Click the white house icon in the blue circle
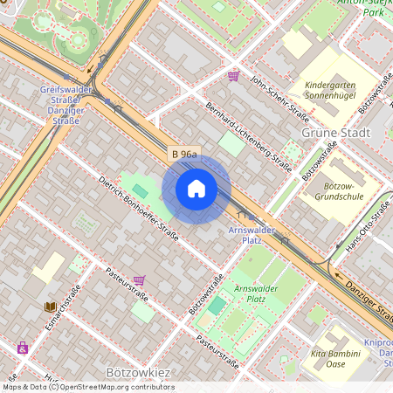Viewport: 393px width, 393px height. coord(196,189)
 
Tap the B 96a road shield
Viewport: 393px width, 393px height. coord(184,155)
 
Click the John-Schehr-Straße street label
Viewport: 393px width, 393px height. coord(279,98)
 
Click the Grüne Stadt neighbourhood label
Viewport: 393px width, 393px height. coord(335,133)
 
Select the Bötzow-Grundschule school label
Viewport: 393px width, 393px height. coord(329,192)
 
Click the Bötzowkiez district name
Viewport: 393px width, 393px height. coord(137,373)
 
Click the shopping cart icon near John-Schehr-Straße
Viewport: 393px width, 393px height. coord(233,76)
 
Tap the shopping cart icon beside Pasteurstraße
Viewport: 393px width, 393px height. coord(139,280)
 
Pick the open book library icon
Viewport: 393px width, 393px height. coord(51,307)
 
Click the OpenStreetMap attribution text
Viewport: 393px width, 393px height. coord(87,387)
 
